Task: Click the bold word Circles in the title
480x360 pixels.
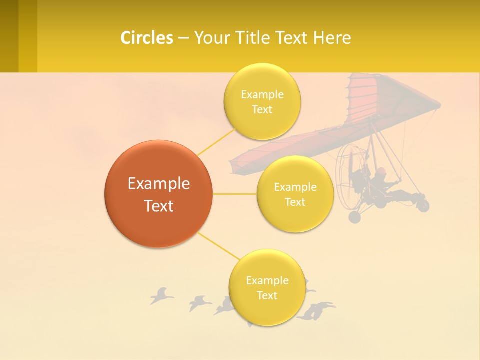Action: (x=147, y=38)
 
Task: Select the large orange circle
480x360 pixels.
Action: (x=158, y=194)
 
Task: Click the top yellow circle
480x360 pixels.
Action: (x=262, y=101)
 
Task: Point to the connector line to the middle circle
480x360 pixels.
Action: (x=234, y=194)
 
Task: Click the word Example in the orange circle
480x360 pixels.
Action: (x=158, y=184)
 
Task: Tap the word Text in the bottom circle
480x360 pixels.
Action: (x=267, y=295)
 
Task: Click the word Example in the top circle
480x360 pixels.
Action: (x=262, y=94)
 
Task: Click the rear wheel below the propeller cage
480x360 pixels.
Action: (x=354, y=217)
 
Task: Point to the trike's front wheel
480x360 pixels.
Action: (x=423, y=205)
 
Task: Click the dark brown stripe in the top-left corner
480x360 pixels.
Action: (x=9, y=36)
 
